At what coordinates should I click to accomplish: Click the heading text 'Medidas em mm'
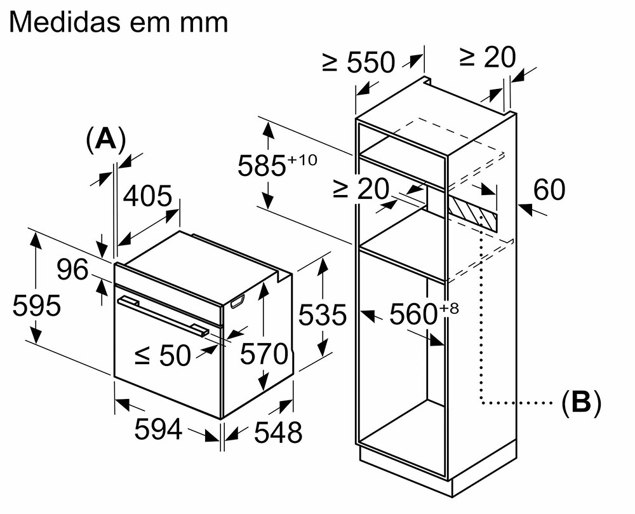pyautogui.click(x=119, y=22)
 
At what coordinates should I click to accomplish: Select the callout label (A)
pyautogui.click(x=105, y=139)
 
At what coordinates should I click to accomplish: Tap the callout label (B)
pyautogui.click(x=581, y=402)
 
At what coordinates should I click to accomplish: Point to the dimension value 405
pyautogui.click(x=147, y=196)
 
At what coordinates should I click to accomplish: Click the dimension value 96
pyautogui.click(x=74, y=270)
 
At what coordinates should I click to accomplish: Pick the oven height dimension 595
pyautogui.click(x=37, y=306)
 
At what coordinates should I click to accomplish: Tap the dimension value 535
pyautogui.click(x=323, y=314)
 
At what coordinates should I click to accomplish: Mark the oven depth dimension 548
pyautogui.click(x=277, y=433)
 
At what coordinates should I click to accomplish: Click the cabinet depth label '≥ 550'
pyautogui.click(x=358, y=62)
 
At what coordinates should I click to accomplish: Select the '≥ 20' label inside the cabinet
pyautogui.click(x=360, y=189)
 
